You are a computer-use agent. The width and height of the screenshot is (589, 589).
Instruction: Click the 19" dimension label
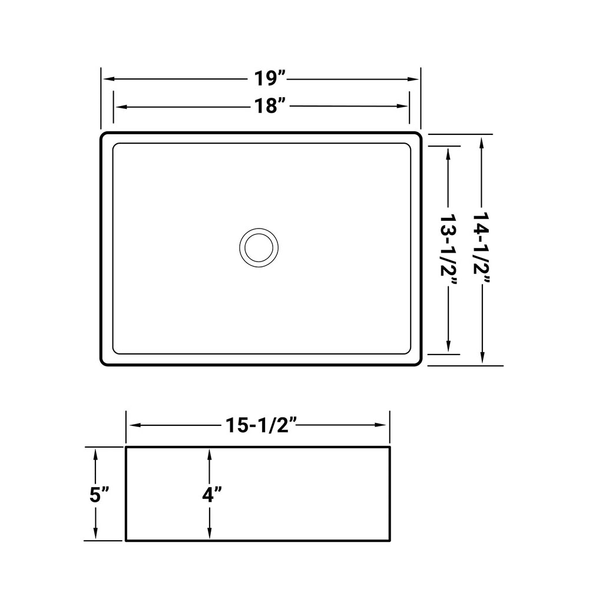[x=269, y=78]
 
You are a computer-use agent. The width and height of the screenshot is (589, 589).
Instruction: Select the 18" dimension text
[x=269, y=106]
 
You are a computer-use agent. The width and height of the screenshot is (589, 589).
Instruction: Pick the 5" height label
[x=100, y=494]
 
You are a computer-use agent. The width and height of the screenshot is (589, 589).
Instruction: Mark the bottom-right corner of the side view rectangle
[x=390, y=540]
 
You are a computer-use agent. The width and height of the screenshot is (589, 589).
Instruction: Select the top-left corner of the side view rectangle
[x=126, y=448]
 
